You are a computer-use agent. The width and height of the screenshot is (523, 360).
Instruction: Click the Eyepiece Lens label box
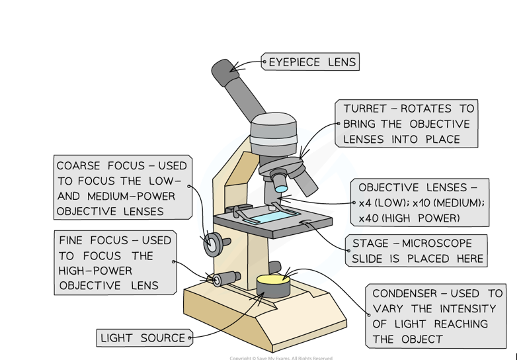(312, 63)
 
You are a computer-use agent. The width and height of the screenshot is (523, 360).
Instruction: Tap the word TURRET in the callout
(365, 109)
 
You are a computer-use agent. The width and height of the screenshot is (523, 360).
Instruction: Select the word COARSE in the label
(80, 165)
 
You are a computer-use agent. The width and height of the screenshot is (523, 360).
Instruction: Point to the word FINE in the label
(71, 240)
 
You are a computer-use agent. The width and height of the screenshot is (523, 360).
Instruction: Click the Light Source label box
(143, 338)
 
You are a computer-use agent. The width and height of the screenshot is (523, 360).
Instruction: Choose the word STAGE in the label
(371, 244)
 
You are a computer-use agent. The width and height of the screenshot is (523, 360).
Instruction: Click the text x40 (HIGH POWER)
(410, 218)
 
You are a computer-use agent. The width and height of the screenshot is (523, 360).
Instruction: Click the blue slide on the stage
(272, 216)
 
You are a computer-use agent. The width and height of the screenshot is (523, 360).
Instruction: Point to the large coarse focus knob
(212, 243)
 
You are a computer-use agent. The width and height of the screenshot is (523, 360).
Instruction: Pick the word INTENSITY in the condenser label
(463, 308)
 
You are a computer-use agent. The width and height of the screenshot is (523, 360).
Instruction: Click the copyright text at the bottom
(281, 357)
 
